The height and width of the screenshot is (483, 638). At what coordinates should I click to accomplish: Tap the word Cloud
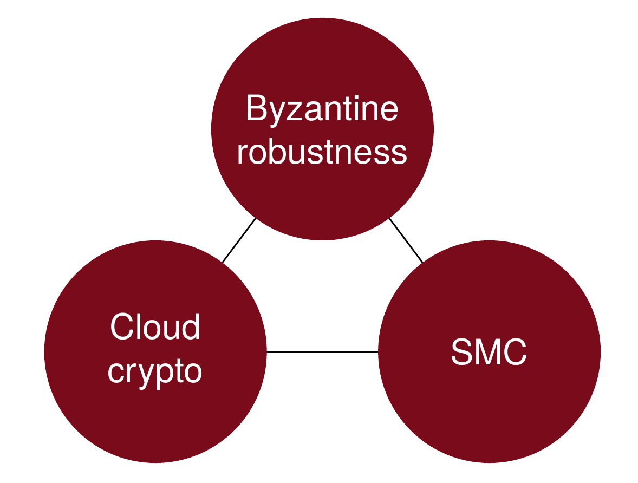[155, 327]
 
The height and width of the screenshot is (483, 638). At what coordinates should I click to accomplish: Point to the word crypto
[155, 372]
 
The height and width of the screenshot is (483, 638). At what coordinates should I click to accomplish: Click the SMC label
[489, 353]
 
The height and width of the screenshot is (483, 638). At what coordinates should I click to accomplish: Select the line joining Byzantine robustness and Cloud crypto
[239, 240]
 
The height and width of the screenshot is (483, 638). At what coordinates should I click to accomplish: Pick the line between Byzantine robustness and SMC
[406, 240]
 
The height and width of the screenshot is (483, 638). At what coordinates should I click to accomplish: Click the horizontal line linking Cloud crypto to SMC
[322, 352]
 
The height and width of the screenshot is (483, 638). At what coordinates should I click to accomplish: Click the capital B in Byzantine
[256, 109]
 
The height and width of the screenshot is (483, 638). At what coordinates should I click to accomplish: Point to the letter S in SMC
[461, 353]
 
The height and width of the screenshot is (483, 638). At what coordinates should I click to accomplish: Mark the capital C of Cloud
[121, 327]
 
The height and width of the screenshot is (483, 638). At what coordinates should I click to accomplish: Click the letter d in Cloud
[191, 327]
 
